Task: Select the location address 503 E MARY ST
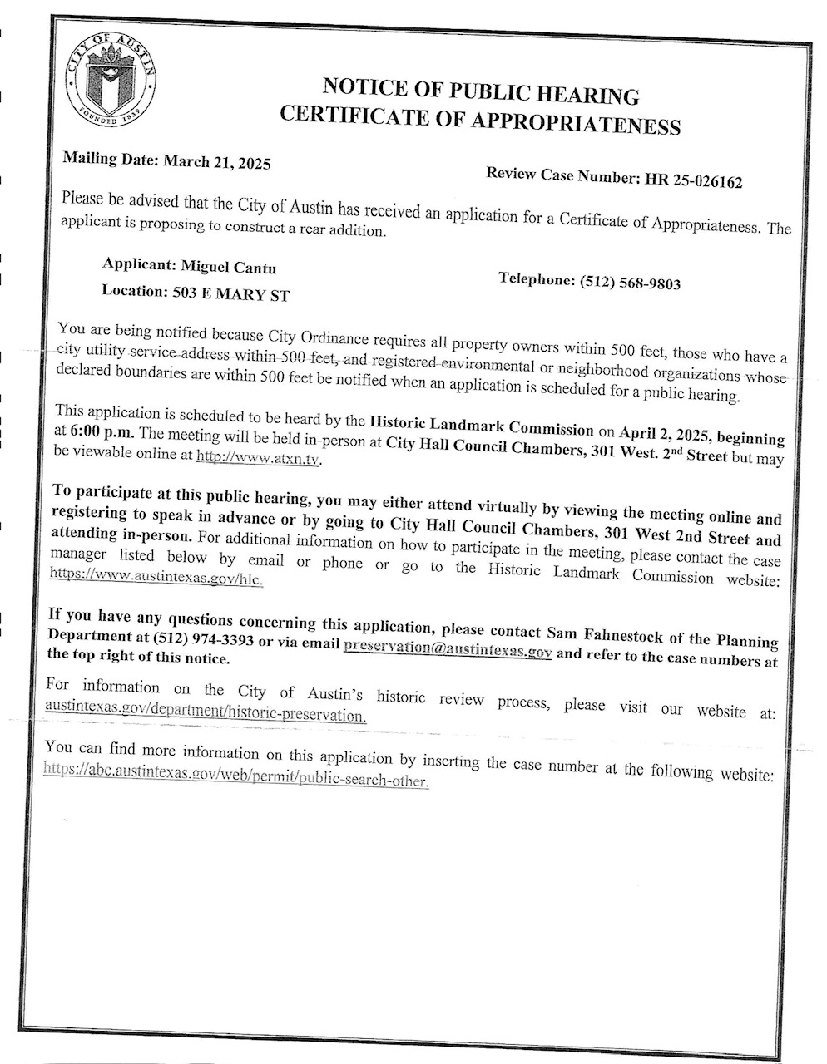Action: tap(232, 293)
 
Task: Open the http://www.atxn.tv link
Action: tap(259, 457)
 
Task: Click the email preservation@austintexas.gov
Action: tap(448, 649)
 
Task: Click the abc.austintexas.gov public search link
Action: tap(237, 779)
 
